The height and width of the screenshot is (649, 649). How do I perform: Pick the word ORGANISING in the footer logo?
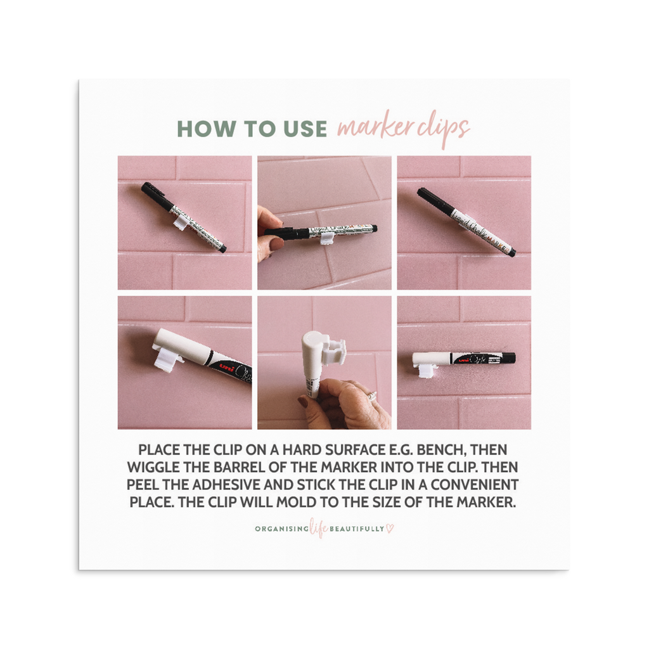pos(282,529)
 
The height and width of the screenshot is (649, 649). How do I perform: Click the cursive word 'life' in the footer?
pos(319,528)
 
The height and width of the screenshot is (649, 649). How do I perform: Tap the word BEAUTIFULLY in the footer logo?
pos(357,529)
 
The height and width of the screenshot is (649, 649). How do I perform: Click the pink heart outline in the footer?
pos(390,529)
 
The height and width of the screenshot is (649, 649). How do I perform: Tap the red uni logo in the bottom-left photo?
pos(226,368)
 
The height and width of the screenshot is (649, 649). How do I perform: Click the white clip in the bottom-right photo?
pos(427,372)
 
